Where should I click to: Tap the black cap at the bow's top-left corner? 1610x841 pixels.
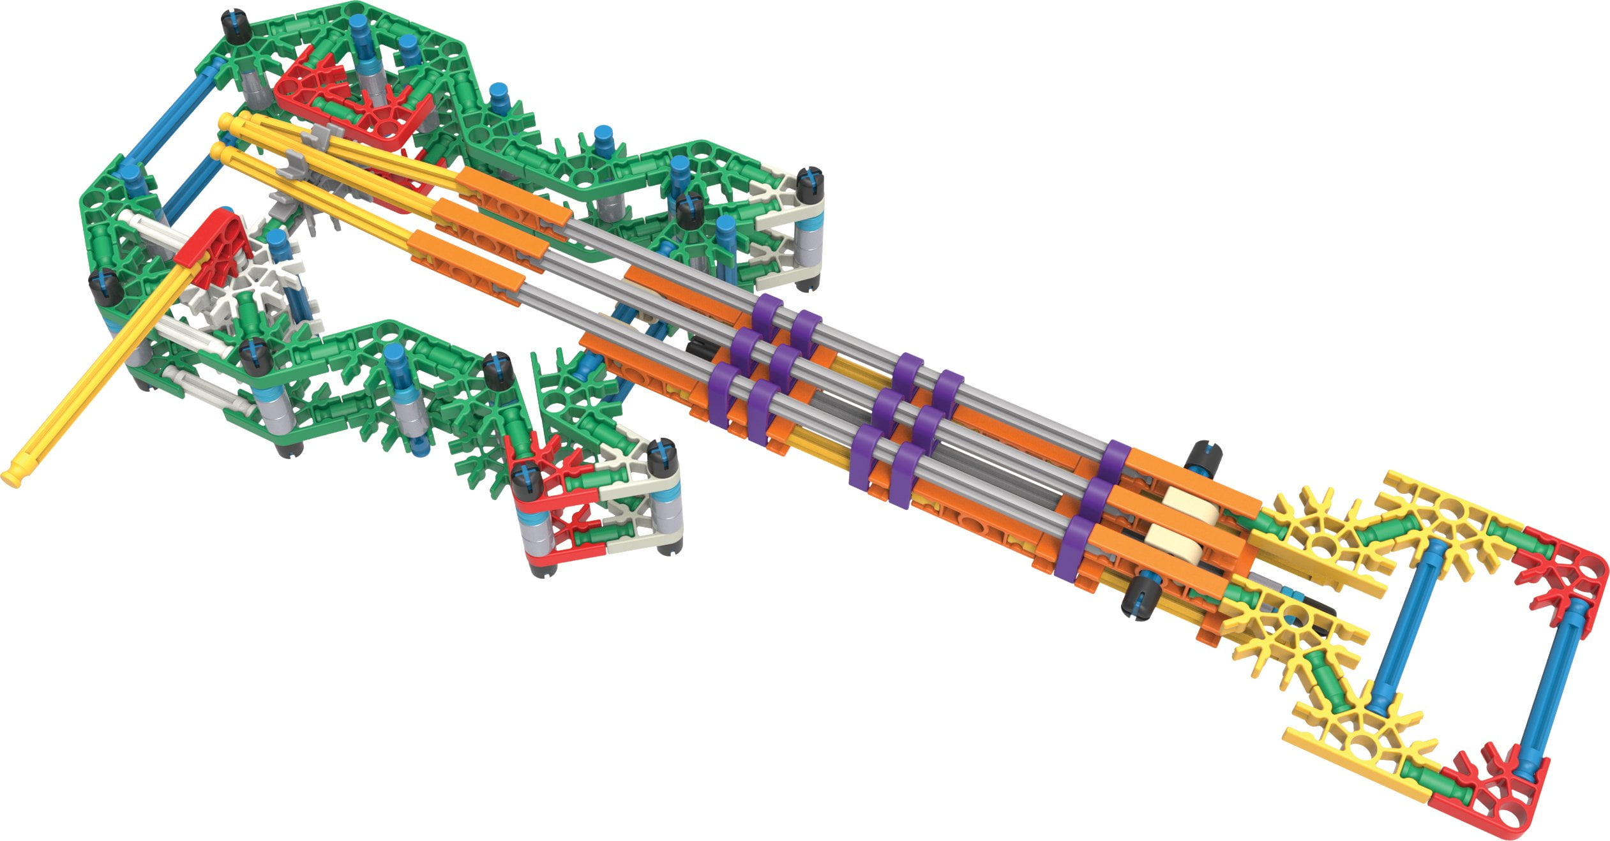[x=237, y=26]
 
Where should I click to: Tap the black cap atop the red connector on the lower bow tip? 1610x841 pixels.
[x=527, y=482]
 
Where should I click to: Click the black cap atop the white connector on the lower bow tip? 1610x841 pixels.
[x=662, y=456]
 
